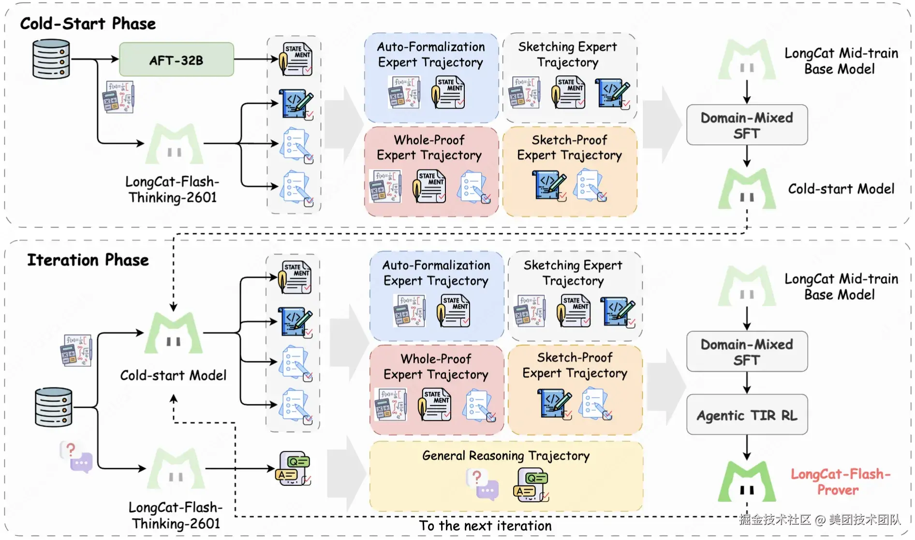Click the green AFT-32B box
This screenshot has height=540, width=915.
177,60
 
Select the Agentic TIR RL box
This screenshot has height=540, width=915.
747,415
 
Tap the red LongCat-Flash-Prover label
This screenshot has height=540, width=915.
840,482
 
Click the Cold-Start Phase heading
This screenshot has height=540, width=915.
88,24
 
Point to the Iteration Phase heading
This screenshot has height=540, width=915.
88,260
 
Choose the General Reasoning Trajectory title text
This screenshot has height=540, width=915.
506,455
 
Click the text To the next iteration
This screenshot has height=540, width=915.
485,526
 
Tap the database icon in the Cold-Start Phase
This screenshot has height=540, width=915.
51,59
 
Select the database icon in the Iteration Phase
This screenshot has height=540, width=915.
54,407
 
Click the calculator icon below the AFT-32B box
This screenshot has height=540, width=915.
118,97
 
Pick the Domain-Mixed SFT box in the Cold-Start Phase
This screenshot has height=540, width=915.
747,125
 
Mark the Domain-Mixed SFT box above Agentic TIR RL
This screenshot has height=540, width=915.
747,352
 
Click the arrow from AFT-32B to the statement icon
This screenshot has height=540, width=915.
256,59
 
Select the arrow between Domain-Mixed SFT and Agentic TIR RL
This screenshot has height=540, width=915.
747,383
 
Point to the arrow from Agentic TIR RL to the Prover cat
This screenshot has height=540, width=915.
747,448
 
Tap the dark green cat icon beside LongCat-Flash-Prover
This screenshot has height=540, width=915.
747,482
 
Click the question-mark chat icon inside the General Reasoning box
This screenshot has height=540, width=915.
482,484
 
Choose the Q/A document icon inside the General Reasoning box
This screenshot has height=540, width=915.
531,485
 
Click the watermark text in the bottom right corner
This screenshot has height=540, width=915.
820,520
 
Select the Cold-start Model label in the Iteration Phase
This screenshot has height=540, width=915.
173,375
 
